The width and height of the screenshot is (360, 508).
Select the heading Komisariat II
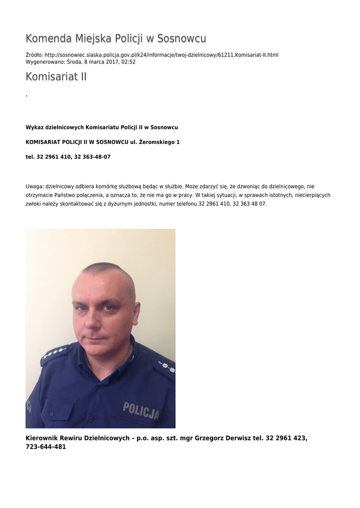coord(56,77)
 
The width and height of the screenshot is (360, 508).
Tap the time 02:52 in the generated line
coord(129,62)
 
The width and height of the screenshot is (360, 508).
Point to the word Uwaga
coord(34,187)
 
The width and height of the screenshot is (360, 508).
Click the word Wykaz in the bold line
coord(34,127)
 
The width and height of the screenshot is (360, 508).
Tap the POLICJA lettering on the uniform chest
coord(142,410)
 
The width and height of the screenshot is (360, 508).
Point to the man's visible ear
coord(136,313)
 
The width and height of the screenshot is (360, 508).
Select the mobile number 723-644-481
coord(46,447)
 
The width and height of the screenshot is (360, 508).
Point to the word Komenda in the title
coord(48,39)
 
